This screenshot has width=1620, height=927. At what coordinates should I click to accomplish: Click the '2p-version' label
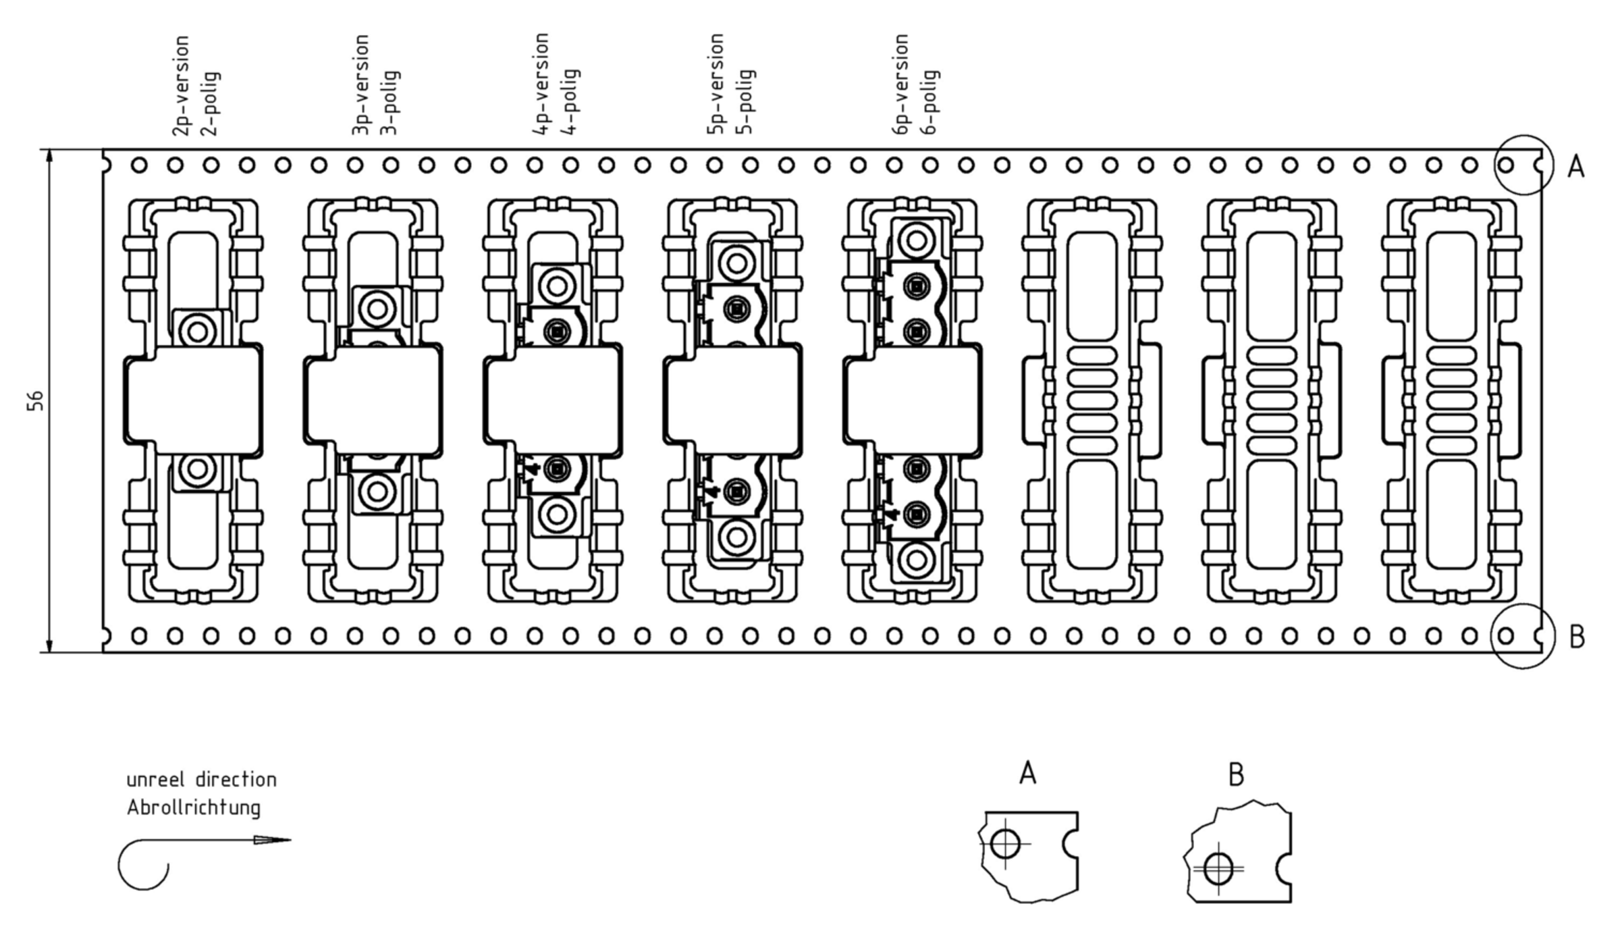[x=180, y=86]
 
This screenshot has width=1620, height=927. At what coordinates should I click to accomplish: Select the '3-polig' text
[x=389, y=103]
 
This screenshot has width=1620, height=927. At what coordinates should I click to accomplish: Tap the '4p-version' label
[x=540, y=84]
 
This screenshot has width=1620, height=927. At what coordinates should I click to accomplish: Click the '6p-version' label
[x=900, y=84]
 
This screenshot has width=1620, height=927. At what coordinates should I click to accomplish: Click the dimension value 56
[x=35, y=400]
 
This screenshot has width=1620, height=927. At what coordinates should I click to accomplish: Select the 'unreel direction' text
[x=201, y=780]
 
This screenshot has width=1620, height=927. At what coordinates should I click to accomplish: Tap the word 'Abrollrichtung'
[x=194, y=807]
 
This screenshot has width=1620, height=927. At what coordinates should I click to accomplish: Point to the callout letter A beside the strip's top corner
[x=1575, y=166]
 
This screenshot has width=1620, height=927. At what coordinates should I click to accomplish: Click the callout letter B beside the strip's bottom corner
[x=1577, y=637]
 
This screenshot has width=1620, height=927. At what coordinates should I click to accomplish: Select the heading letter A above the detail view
[x=1027, y=773]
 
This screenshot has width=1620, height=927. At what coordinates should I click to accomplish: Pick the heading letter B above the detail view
[x=1236, y=775]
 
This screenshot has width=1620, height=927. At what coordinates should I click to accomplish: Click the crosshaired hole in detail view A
[x=1005, y=844]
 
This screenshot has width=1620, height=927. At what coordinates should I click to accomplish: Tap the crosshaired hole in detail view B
[x=1218, y=869]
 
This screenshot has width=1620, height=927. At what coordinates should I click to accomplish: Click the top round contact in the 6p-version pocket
[x=917, y=240]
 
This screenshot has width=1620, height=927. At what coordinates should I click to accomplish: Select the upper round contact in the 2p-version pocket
[x=198, y=332]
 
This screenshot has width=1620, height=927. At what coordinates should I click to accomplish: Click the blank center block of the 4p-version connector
[x=552, y=400]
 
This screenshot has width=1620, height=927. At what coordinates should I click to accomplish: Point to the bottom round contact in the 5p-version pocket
[x=736, y=537]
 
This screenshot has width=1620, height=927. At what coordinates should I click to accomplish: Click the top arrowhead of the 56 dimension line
[x=49, y=157]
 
